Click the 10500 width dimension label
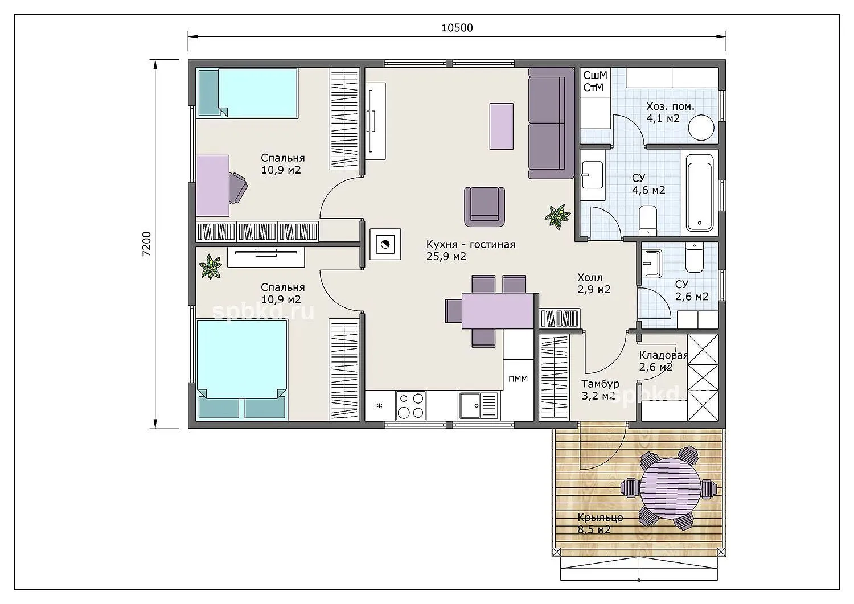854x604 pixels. [457, 28]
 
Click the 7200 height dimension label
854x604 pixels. [147, 244]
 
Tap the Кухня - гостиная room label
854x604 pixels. [470, 250]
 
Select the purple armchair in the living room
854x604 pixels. [484, 207]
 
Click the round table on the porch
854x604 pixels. [670, 488]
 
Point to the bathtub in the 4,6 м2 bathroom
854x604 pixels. [700, 192]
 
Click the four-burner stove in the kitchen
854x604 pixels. [410, 405]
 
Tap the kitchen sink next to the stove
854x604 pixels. [478, 405]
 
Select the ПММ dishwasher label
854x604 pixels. [518, 379]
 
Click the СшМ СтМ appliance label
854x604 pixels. [595, 81]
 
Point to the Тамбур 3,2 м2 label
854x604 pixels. [600, 390]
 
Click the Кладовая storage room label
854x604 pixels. [663, 361]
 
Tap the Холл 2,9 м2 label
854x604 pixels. [594, 283]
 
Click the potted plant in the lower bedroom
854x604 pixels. [211, 266]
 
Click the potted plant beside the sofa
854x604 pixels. [558, 217]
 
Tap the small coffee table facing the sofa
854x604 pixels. [502, 126]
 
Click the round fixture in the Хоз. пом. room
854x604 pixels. [701, 128]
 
